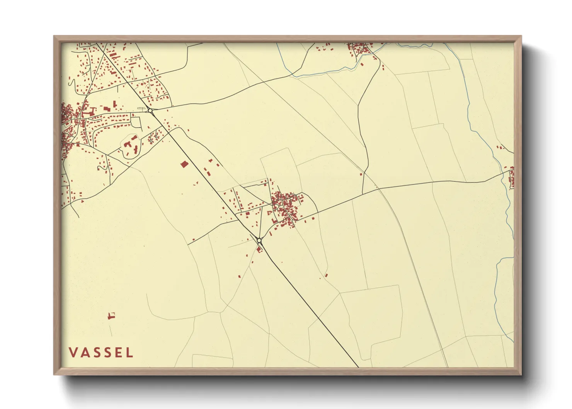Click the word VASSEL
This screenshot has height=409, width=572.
[x=101, y=353]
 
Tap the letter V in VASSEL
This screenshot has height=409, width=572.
[x=72, y=353]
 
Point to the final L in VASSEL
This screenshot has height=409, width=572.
[x=129, y=353]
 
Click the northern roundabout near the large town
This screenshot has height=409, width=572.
[x=150, y=111]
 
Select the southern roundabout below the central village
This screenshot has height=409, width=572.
[x=259, y=240]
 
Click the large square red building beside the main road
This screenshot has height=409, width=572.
[x=184, y=164]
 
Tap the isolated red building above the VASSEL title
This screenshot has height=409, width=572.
[x=111, y=316]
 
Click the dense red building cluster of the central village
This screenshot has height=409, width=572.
[x=285, y=207]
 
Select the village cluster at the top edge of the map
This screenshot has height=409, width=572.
[x=359, y=49]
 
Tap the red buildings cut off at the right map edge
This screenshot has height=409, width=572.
[x=511, y=178]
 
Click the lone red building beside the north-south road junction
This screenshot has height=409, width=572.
[x=361, y=174]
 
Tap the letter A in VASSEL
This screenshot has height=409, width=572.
[x=84, y=353]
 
